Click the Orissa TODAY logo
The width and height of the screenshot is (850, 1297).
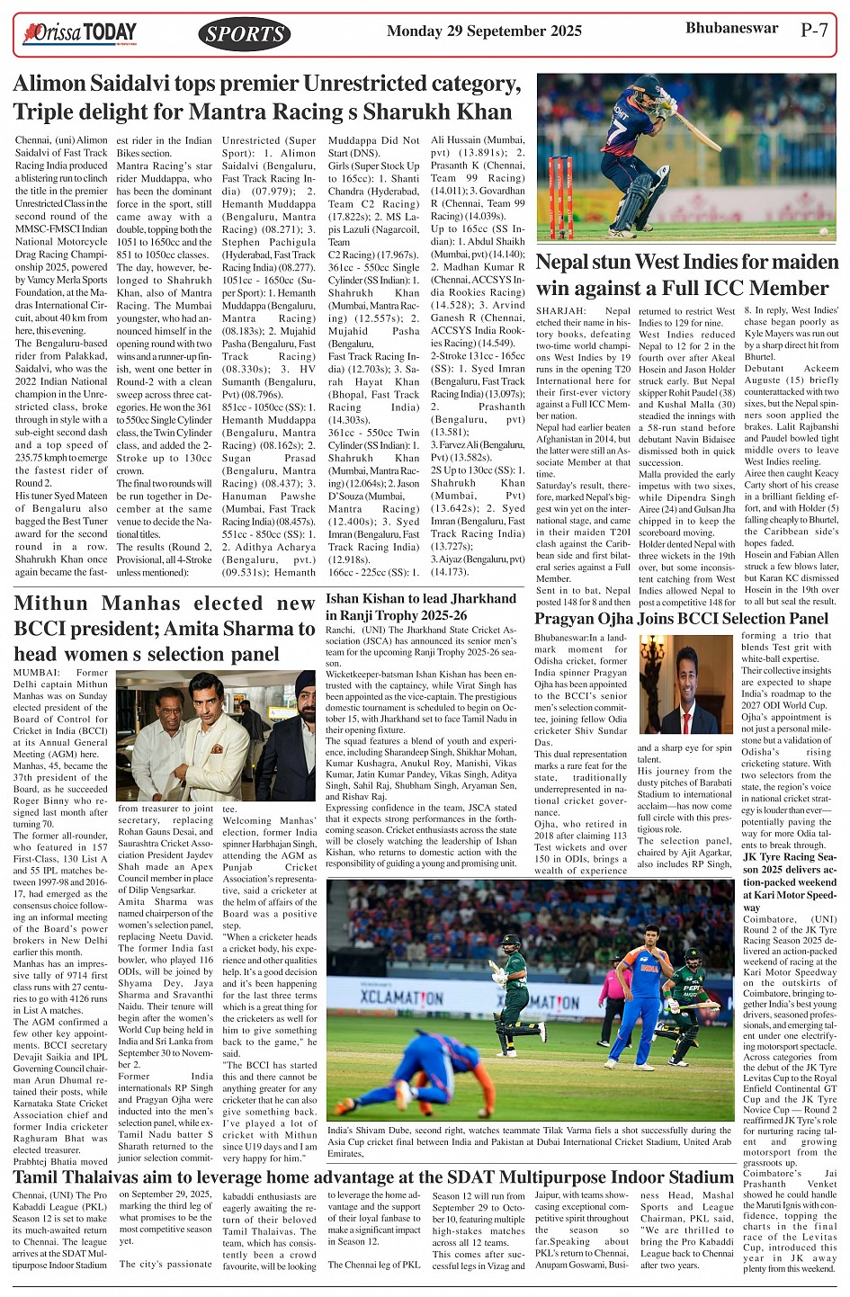(x=80, y=34)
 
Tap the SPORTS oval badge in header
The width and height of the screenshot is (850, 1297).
(x=244, y=34)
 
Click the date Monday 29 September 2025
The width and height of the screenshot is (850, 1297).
(x=484, y=31)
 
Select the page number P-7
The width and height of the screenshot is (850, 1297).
(x=814, y=30)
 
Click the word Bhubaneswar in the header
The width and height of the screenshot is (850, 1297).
(x=731, y=29)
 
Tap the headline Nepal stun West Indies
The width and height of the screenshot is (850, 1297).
(x=686, y=275)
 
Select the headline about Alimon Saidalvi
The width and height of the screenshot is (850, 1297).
(x=267, y=98)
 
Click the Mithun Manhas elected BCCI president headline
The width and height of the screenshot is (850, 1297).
(x=165, y=628)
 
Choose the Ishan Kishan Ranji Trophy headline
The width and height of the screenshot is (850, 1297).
(x=421, y=606)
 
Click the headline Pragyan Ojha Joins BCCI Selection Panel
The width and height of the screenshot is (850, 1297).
(x=681, y=619)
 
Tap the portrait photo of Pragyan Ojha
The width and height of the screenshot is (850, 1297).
(x=686, y=684)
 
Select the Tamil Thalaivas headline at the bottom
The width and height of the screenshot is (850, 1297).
(x=373, y=1177)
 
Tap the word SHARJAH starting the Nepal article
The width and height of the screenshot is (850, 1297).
(x=559, y=311)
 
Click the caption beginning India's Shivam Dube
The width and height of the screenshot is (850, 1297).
(x=529, y=1141)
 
